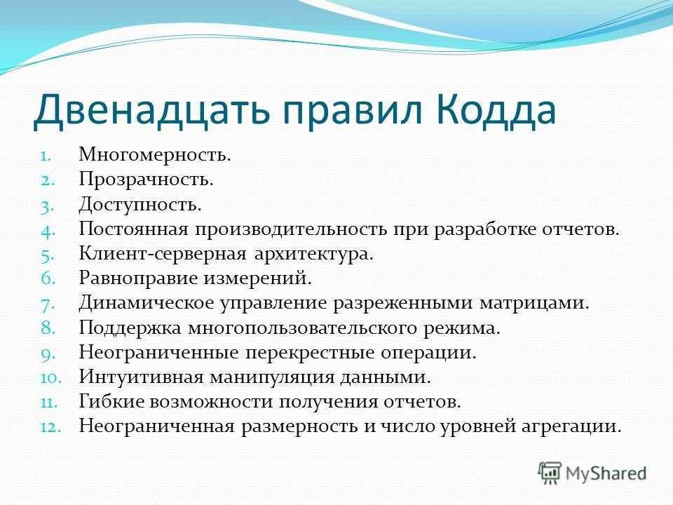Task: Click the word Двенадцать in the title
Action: (151, 112)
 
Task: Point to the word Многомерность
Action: (155, 155)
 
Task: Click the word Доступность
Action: (140, 204)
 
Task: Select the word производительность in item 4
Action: (291, 229)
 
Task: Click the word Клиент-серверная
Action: (163, 254)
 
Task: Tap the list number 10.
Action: (51, 378)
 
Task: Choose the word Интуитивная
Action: (141, 377)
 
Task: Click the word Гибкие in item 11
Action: (111, 401)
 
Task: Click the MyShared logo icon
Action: (550, 473)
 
